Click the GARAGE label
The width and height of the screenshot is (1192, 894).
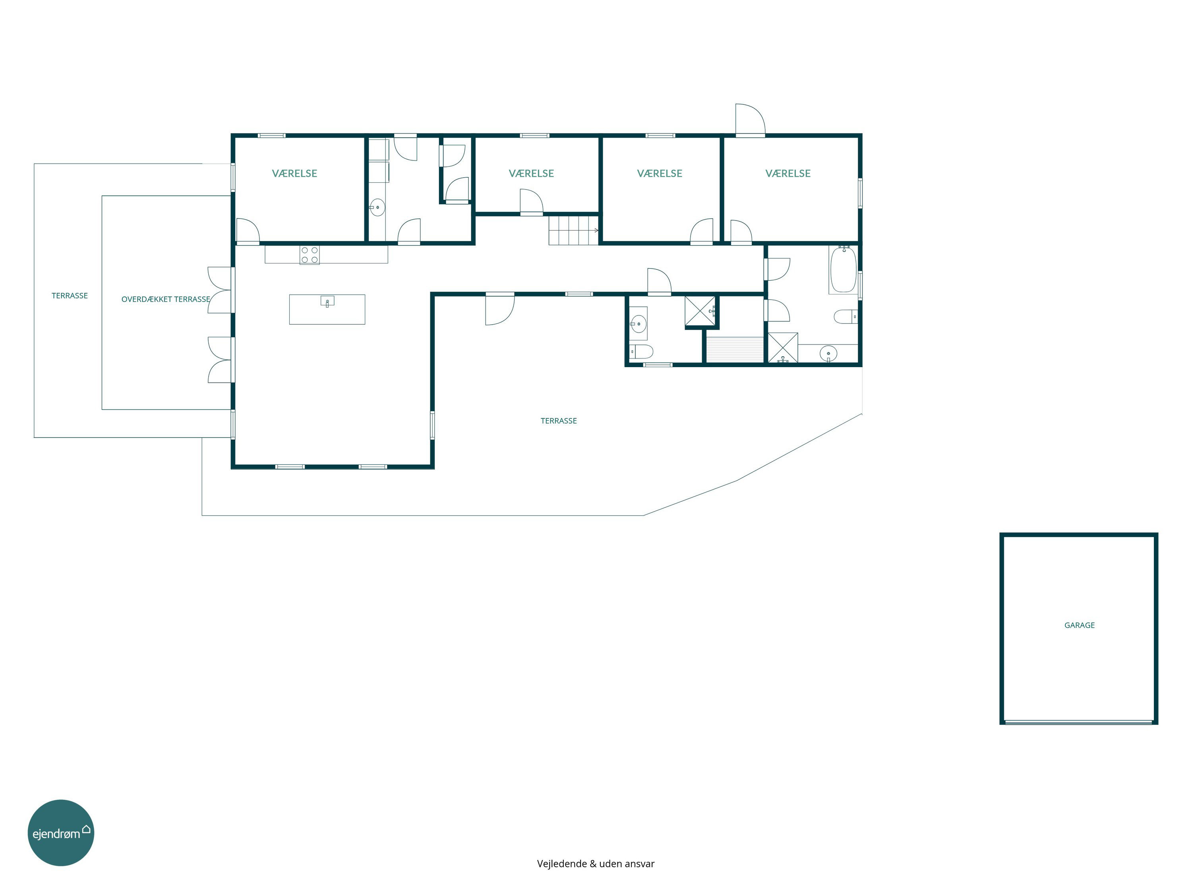pos(1080,625)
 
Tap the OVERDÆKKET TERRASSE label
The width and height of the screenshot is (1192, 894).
pos(165,299)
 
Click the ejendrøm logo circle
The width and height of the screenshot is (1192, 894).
pos(61,832)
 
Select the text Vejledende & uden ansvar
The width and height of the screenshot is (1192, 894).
pos(596,863)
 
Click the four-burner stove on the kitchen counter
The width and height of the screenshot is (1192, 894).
pos(309,255)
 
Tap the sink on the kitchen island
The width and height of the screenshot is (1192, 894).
pos(327,301)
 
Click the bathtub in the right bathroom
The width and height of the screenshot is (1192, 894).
pos(844,269)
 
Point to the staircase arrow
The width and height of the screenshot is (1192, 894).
pos(596,230)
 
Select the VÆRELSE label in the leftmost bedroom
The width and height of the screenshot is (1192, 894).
pos(294,174)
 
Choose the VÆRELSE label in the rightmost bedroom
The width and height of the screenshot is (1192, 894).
pos(788,174)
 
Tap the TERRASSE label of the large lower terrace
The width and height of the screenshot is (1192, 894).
pos(559,421)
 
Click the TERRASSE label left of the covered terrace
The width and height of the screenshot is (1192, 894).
pos(70,296)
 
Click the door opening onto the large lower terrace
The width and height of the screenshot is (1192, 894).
pos(499,309)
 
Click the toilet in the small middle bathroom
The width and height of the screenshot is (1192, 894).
pos(641,352)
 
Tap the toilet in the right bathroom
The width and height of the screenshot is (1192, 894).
pos(846,316)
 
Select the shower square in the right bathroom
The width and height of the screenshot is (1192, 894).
pos(782,348)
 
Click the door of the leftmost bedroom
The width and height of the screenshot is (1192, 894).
pos(248,230)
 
